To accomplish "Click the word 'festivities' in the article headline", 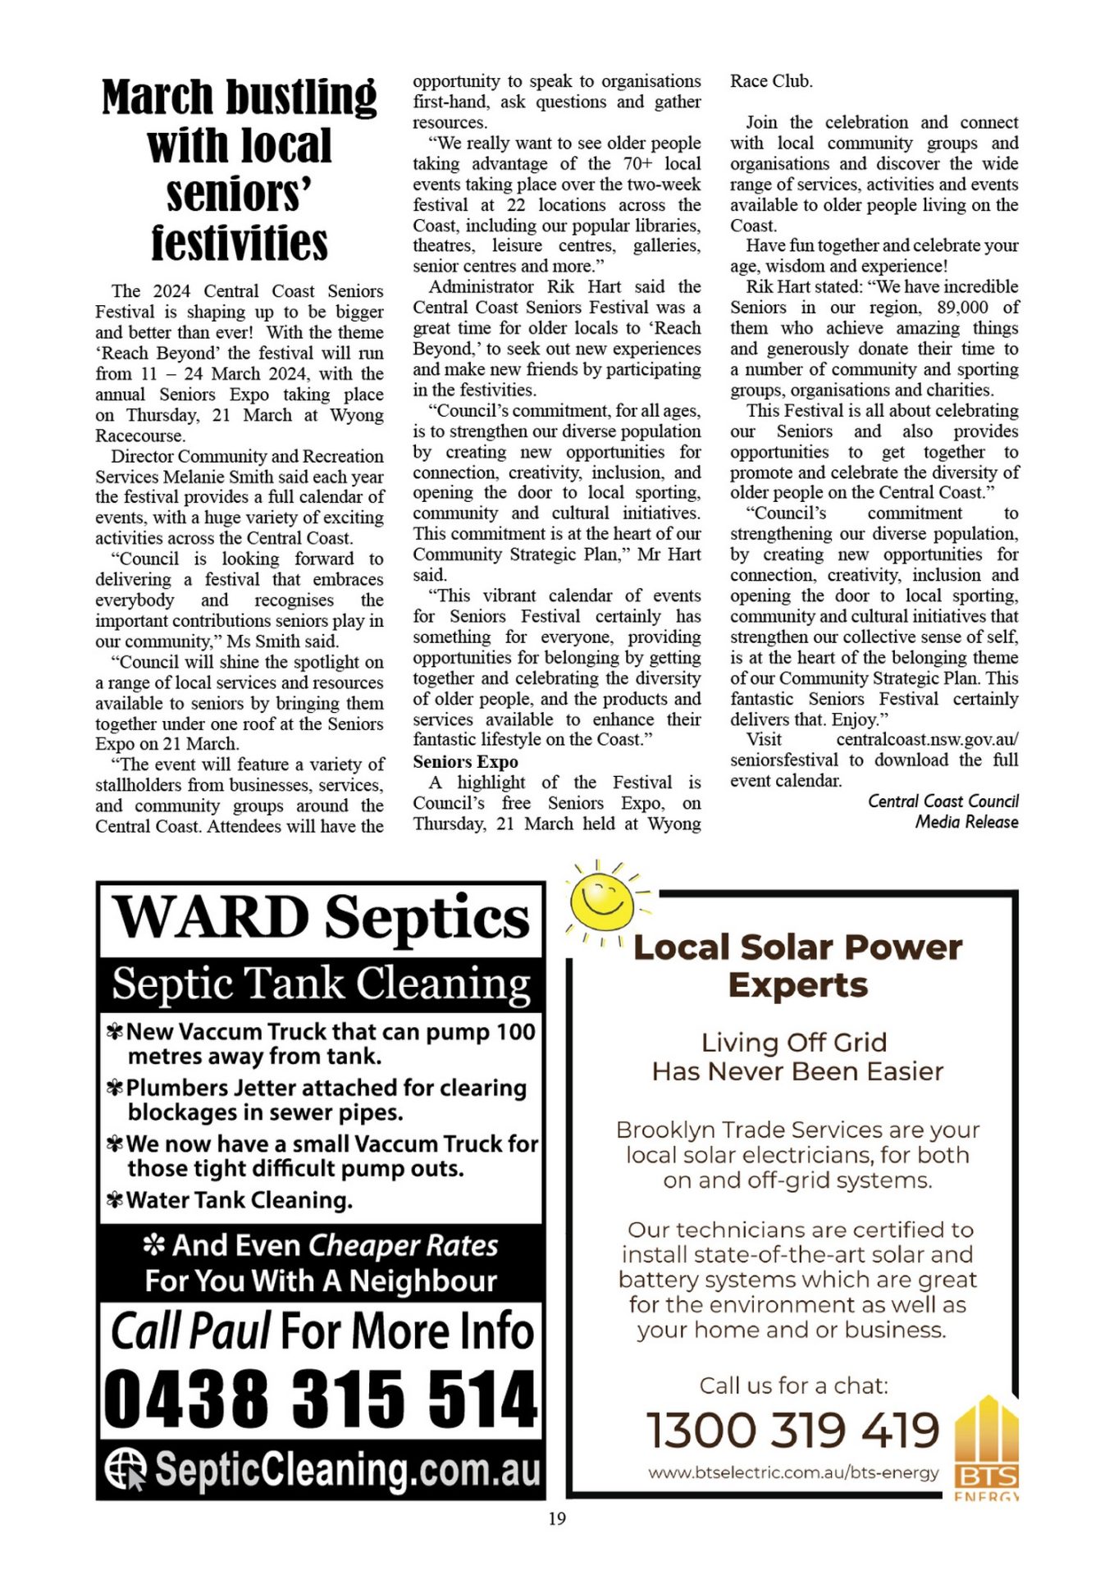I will [x=239, y=244].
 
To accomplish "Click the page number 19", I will [x=556, y=1518].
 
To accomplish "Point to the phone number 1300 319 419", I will [x=792, y=1431].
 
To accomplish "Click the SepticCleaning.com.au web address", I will [x=348, y=1470].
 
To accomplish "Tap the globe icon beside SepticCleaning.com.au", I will [x=126, y=1469].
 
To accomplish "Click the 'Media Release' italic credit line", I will [x=966, y=822].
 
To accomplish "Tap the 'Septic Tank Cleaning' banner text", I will [x=321, y=983].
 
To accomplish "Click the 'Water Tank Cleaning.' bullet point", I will [x=239, y=1200].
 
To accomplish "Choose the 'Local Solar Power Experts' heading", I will [x=797, y=966].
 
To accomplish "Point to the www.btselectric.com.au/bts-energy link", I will [x=792, y=1473].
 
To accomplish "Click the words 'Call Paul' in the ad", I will [x=190, y=1331].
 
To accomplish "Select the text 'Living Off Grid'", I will [x=793, y=1042].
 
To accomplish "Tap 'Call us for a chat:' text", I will [x=793, y=1386].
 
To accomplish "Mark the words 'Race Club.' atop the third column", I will [x=771, y=81].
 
